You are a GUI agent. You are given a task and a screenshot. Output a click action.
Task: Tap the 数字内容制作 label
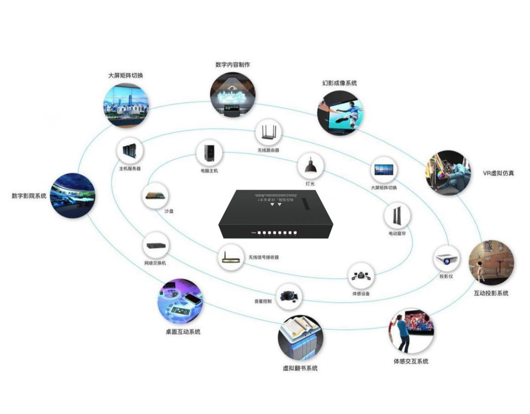(x=233, y=65)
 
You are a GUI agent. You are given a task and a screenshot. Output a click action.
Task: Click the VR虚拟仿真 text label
(x=498, y=173)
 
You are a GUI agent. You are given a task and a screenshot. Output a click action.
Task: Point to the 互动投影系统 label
(x=491, y=293)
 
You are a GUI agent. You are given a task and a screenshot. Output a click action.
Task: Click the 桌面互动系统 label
(x=183, y=331)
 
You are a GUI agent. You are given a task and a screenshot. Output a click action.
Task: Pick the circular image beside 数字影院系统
(x=73, y=194)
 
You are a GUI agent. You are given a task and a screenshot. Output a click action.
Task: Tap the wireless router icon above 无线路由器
(x=269, y=133)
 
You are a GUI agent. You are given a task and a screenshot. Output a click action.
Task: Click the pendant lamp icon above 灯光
(x=310, y=166)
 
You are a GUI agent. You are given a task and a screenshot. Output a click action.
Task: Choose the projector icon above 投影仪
(x=446, y=259)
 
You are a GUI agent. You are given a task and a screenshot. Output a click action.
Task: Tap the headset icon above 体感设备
(x=361, y=277)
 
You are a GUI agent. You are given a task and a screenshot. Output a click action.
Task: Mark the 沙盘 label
(x=169, y=212)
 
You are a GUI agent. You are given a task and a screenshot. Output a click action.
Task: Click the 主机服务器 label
(x=130, y=168)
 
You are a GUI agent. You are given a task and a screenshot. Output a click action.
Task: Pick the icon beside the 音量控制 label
(x=288, y=296)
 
